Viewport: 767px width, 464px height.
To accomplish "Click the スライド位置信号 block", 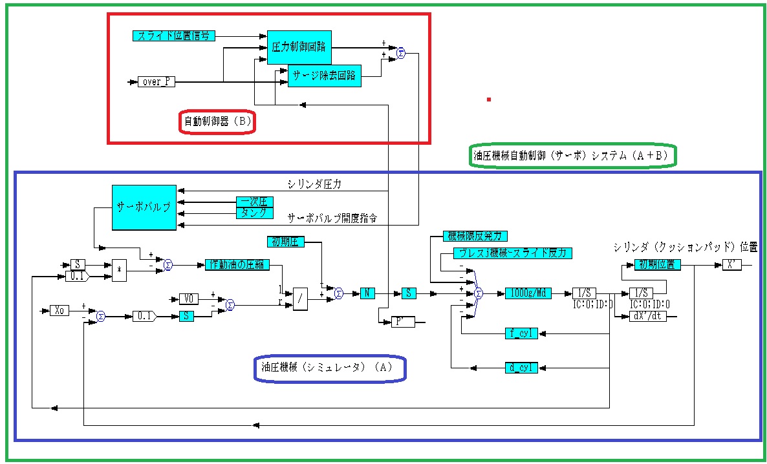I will pos(173,36).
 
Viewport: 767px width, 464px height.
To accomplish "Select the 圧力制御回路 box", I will pos(299,47).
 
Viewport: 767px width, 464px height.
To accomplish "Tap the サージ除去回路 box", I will pos(325,76).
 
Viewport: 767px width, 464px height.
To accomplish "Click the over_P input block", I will pos(157,82).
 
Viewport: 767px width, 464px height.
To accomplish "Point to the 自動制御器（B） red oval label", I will pos(217,121).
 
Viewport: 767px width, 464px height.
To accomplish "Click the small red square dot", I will pos(489,100).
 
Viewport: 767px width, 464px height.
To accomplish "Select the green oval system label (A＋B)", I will pos(571,156).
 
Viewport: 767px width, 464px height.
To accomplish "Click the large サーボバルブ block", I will pos(144,207).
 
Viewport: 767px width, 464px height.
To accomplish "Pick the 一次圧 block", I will pos(254,202).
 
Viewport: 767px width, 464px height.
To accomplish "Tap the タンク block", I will pos(254,212).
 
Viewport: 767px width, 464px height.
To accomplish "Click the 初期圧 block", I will pos(285,242).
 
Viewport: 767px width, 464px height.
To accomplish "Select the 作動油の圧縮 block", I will pos(237,264).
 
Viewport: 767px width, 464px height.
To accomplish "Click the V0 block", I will pos(188,299).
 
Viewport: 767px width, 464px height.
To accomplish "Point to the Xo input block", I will pos(59,311).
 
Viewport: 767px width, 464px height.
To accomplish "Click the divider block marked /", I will pos(300,299).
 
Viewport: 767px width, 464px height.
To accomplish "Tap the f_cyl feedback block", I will pos(521,333).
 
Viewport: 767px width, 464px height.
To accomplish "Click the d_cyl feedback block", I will pos(521,368).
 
